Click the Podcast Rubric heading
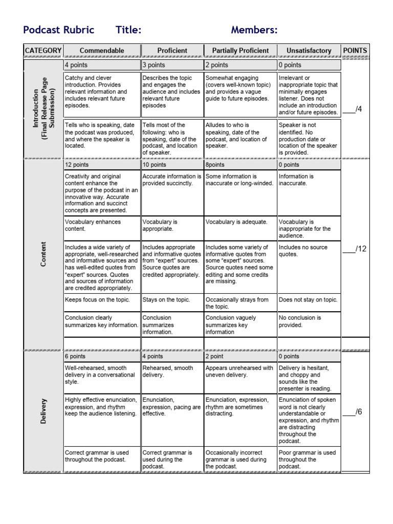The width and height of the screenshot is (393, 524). [x=59, y=30]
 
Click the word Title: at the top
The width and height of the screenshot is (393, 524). [x=128, y=30]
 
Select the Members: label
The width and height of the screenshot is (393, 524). [x=254, y=30]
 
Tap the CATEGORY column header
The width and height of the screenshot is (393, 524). [x=43, y=51]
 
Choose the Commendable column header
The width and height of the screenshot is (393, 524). [x=102, y=51]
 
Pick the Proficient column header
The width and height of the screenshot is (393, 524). [x=172, y=51]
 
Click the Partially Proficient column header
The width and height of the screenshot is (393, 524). [x=240, y=51]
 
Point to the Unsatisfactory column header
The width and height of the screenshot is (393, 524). [x=309, y=51]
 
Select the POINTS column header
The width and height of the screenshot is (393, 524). [x=355, y=51]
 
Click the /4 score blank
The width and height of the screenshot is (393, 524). [x=355, y=109]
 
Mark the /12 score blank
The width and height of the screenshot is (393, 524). [x=355, y=249]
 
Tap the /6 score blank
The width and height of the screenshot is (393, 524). [x=355, y=411]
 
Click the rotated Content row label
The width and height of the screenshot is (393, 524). [x=43, y=254]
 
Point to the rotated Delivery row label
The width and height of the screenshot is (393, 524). [x=43, y=411]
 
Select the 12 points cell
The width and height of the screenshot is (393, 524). [x=102, y=165]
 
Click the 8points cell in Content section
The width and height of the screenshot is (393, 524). [x=240, y=165]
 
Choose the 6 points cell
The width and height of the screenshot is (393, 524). [x=102, y=356]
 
